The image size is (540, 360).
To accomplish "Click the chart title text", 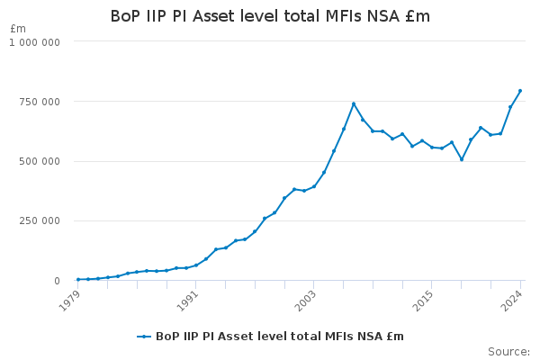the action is (270, 16).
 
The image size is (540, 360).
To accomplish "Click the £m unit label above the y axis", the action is (18, 29).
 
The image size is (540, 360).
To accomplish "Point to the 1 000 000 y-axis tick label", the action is (34, 42).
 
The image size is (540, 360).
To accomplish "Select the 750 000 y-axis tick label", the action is (40, 102).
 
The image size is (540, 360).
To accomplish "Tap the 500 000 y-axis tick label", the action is (40, 161).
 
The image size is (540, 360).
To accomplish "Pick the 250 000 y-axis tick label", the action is (40, 220).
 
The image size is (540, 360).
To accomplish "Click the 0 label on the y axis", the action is (58, 281).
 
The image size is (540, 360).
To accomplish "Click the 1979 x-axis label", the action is (70, 301).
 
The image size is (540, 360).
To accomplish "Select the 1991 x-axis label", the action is (188, 301).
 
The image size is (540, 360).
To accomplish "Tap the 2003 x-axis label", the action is (306, 301).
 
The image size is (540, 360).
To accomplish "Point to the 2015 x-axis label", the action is (424, 301).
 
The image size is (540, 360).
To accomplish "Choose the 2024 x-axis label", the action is (512, 301).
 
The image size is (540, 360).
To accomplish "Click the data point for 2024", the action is (520, 91).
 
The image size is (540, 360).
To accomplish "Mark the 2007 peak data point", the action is (354, 103).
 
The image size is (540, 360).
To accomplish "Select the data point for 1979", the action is (78, 279).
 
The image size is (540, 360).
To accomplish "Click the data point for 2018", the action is (462, 159).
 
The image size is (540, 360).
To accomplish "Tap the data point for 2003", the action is (314, 186).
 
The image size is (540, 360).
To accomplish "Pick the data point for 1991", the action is (196, 265).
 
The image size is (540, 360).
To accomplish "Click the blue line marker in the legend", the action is (144, 337).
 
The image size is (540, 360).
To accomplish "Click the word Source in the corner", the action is (508, 352).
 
